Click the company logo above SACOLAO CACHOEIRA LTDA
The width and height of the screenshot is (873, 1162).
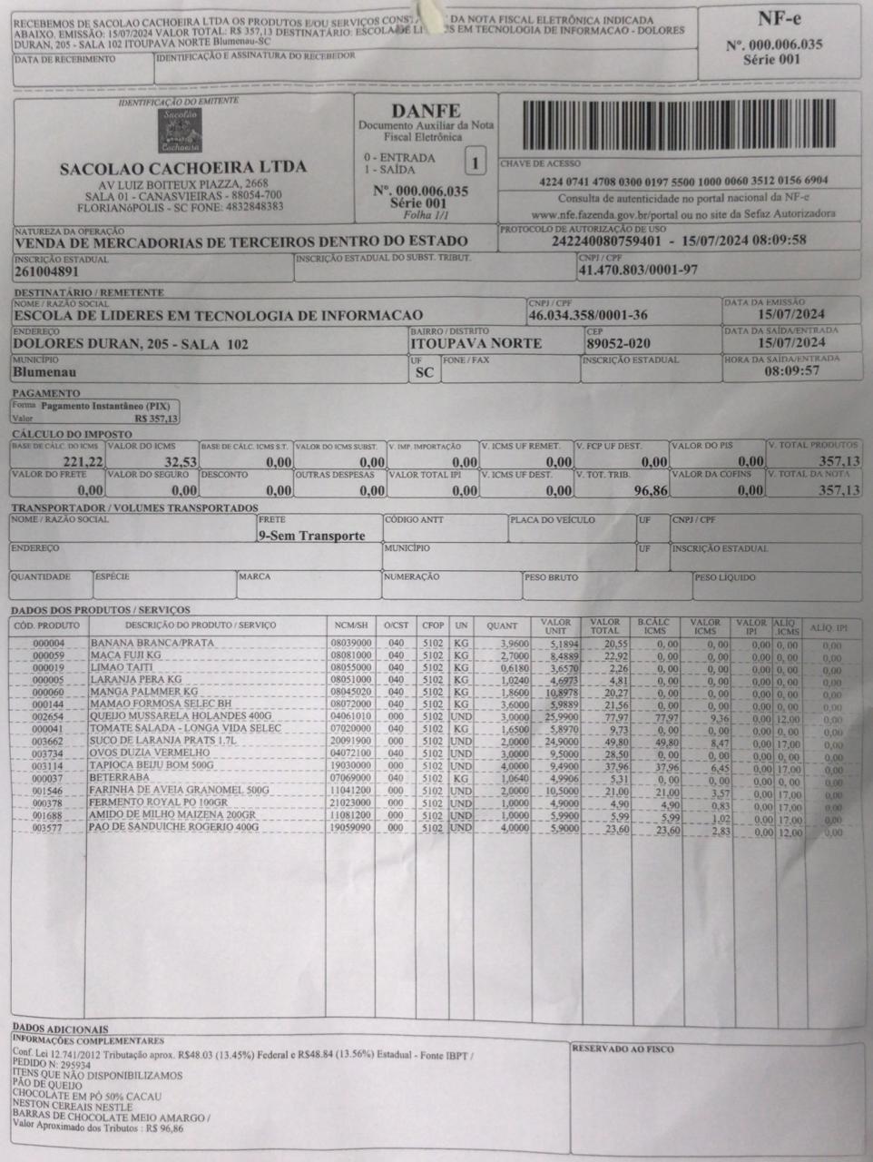click(182, 132)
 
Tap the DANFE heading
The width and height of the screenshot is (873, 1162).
click(425, 110)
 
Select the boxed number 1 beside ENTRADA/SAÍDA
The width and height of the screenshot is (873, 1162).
click(473, 164)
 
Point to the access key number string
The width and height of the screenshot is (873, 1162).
click(677, 181)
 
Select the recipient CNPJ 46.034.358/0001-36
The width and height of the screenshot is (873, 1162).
click(588, 315)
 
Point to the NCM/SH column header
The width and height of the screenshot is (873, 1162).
click(350, 625)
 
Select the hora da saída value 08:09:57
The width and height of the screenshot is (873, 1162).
click(791, 371)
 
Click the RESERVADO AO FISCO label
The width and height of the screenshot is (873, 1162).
click(623, 1049)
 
